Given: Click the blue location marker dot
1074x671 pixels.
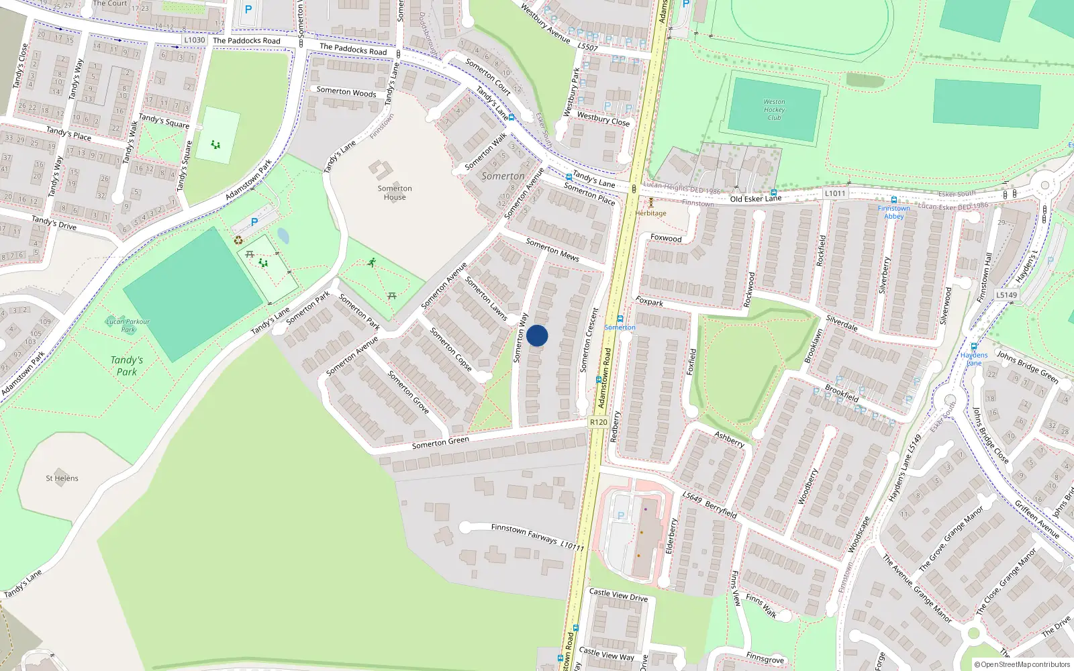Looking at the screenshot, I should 537,335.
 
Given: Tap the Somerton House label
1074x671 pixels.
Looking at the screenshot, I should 395,193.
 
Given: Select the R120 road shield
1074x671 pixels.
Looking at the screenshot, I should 598,422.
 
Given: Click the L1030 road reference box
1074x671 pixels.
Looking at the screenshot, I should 195,40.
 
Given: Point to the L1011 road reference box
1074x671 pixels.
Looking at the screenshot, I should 835,193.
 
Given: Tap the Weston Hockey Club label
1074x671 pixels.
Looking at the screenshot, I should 774,109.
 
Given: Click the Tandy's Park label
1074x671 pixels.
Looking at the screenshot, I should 126,366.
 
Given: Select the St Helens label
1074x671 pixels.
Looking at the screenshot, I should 62,478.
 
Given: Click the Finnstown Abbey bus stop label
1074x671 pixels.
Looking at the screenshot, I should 893,212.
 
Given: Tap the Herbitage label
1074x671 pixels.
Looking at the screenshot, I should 650,213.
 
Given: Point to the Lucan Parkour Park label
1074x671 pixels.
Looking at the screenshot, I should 128,325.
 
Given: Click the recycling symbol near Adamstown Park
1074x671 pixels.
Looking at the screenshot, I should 238,240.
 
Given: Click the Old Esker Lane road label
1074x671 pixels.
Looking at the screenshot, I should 756,199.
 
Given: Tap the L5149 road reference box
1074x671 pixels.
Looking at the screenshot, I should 1006,295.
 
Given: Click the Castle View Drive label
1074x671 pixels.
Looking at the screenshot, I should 618,595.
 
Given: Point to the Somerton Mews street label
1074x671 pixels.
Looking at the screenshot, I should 552,250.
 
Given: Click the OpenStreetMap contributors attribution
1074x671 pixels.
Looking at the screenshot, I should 1022,664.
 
